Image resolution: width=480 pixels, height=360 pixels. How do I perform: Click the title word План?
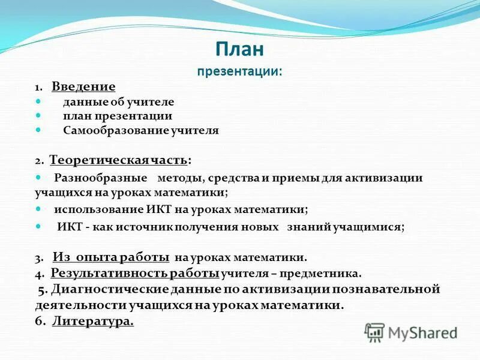tap(239, 50)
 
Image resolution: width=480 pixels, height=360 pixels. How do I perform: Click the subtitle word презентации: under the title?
tap(239, 71)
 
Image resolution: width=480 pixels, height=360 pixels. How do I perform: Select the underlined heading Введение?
tap(83, 87)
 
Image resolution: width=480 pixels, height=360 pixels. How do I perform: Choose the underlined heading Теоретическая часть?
tap(118, 160)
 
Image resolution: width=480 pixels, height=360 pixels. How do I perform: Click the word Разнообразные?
tap(101, 178)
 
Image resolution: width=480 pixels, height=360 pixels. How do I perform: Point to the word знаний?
tap(308, 227)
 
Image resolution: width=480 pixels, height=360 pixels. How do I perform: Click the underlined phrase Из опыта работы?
tap(110, 257)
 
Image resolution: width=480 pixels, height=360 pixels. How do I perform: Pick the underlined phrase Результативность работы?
tap(134, 274)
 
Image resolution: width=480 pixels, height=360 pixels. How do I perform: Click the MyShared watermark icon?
tap(374, 332)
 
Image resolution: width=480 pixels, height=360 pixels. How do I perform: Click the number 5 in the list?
tap(41, 290)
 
